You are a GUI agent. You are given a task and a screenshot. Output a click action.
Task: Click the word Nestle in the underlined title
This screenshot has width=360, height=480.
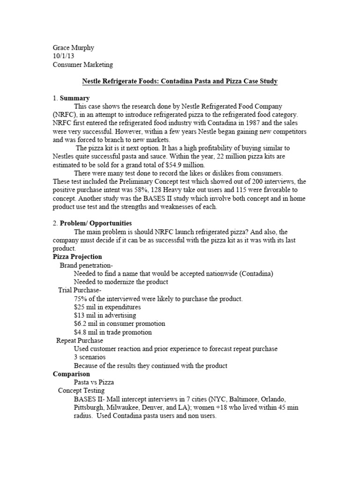coord(93,82)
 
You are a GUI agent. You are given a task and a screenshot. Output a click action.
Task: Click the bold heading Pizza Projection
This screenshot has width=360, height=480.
coord(77,257)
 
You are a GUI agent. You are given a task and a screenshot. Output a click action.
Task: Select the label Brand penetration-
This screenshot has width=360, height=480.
coord(87,265)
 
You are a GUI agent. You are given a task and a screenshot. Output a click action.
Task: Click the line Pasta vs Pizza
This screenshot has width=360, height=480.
coord(94,382)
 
